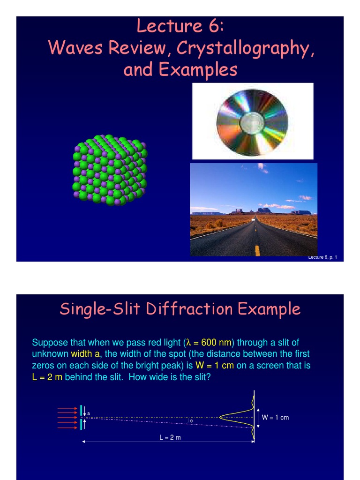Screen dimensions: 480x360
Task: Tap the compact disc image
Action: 252,122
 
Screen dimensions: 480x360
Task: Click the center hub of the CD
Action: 252,123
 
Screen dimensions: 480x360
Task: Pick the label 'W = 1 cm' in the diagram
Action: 275,417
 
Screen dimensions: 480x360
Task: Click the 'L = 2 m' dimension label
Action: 170,438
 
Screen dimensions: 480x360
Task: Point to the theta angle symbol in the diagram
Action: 191,421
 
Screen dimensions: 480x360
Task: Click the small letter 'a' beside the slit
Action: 89,413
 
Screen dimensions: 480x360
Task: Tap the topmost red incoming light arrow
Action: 67,409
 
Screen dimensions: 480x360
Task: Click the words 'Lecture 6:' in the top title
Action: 180,26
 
